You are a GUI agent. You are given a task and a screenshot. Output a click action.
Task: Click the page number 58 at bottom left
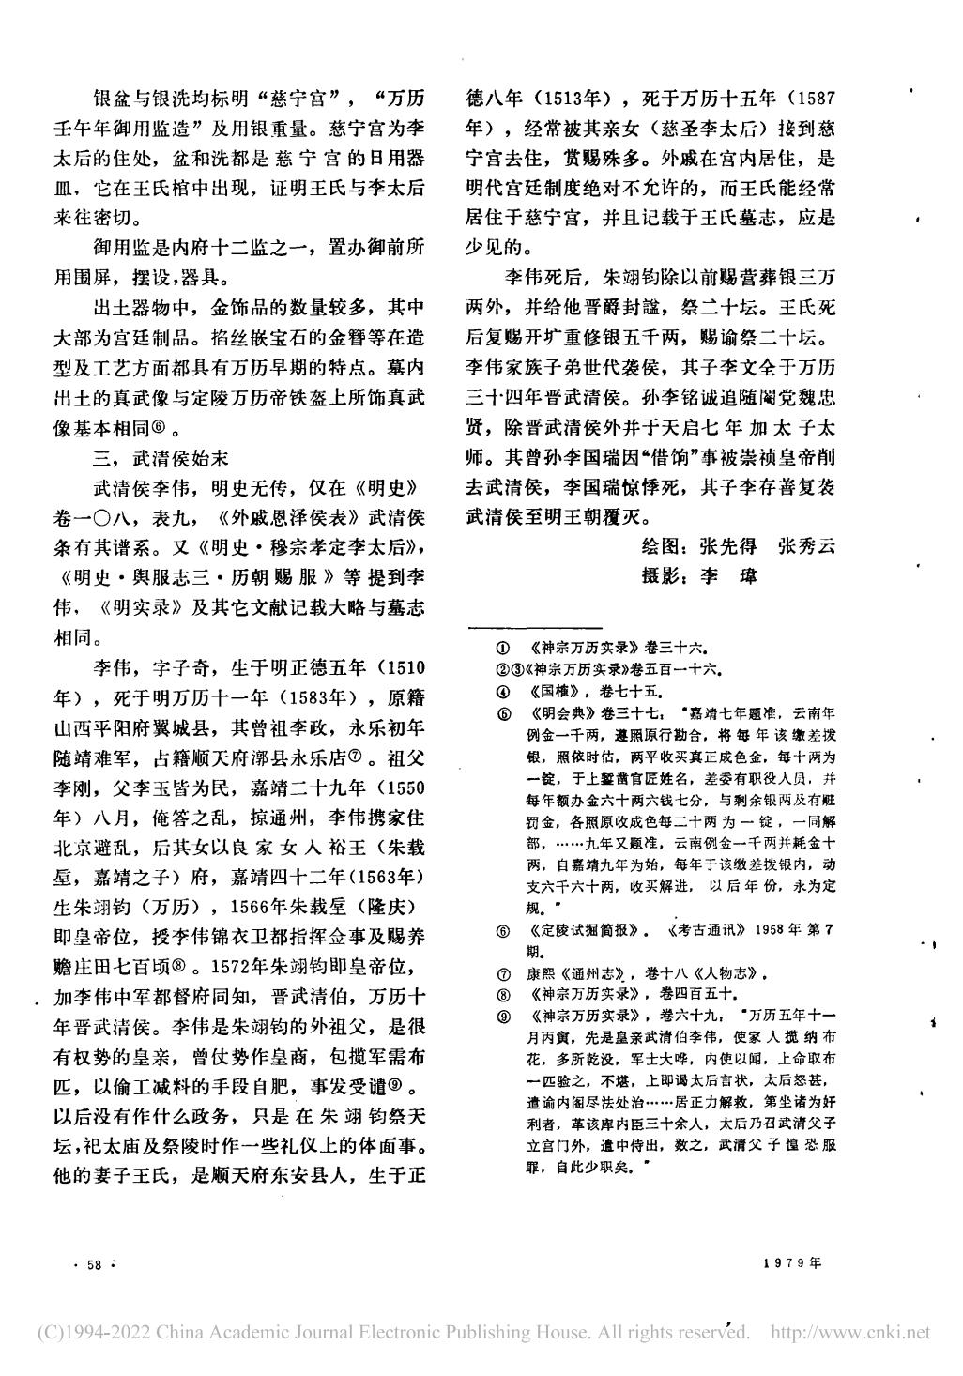[93, 1265]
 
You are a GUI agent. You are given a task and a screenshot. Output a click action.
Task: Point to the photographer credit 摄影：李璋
[699, 575]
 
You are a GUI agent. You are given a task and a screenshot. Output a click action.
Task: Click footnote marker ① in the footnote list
[503, 648]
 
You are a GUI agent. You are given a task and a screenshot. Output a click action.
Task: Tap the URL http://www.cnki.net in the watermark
[849, 1333]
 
